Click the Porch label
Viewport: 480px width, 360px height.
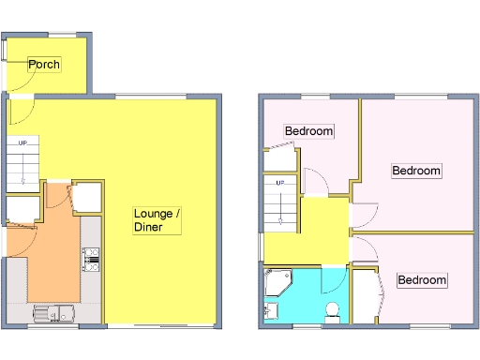click(44, 65)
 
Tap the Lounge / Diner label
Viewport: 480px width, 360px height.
click(157, 220)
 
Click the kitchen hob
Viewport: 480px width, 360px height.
click(91, 260)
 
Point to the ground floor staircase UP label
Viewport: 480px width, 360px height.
click(22, 142)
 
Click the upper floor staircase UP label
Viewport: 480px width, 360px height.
click(279, 182)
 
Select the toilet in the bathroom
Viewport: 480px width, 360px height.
click(330, 309)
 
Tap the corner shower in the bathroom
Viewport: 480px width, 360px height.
click(278, 280)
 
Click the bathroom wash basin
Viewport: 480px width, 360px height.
click(270, 309)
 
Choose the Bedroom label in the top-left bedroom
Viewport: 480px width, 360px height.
click(308, 131)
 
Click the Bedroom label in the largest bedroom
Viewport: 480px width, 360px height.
click(415, 171)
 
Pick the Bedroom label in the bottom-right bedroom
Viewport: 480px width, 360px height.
click(421, 280)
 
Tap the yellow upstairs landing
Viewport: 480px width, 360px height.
click(319, 230)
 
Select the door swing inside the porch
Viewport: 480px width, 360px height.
click(19, 81)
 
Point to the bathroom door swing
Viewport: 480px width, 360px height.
click(334, 279)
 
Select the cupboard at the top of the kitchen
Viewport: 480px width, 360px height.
click(87, 199)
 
